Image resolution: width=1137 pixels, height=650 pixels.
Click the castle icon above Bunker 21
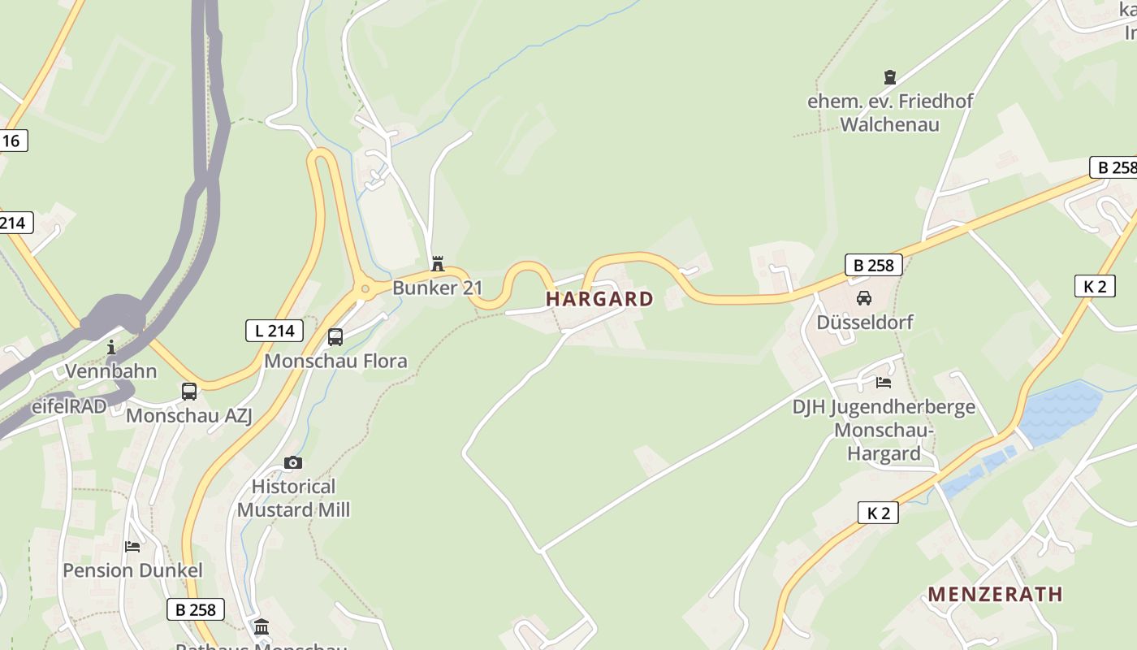438,263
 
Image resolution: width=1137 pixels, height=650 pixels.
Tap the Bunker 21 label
437,288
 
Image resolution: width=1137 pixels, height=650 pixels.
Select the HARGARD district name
599,299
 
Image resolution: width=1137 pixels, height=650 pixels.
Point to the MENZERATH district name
995,595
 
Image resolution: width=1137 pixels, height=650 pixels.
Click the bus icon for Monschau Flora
335,336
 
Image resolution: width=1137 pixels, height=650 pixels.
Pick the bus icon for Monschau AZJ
189,392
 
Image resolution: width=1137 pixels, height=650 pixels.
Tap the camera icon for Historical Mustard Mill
293,462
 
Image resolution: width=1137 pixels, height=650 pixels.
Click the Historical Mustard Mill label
293,498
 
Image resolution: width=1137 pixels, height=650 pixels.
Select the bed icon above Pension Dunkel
132,546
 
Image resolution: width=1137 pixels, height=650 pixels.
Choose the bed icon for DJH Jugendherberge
884,382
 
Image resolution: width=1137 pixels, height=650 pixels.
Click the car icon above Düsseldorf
864,298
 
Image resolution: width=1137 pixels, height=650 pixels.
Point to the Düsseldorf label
864,322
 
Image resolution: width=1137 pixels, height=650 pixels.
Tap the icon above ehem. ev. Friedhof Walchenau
890,77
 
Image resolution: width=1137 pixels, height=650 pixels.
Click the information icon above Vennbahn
111,348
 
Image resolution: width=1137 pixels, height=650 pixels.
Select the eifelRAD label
69,406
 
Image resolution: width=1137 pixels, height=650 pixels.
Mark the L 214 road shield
274,331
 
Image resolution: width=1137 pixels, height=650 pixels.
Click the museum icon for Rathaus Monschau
262,626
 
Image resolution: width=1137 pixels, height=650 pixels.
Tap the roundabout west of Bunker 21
365,288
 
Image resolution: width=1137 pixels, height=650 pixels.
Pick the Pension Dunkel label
132,570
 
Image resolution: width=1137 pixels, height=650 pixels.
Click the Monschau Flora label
335,361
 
